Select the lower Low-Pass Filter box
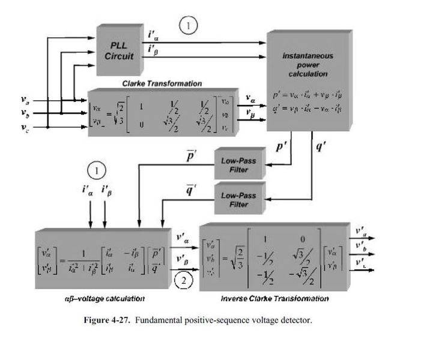coord(238,200)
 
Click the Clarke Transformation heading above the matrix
coord(162,83)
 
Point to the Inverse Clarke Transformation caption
coord(274,298)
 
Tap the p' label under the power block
coord(280,146)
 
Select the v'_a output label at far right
coord(361,230)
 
